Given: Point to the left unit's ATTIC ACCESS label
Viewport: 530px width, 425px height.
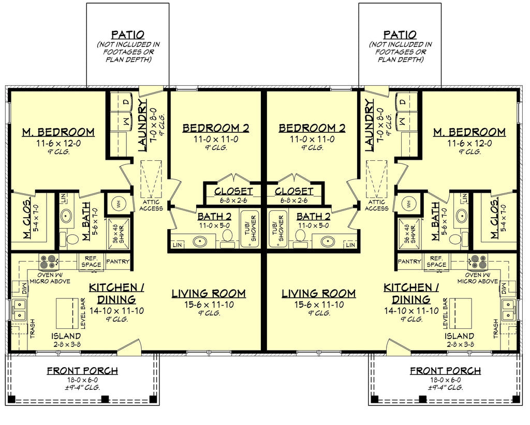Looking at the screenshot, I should click(x=151, y=205).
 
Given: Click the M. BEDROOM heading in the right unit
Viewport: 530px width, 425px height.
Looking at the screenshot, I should click(x=469, y=132).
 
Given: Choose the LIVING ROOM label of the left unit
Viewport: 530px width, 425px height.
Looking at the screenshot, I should click(x=209, y=294).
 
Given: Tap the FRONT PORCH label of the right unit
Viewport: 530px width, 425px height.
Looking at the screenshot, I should click(x=445, y=371).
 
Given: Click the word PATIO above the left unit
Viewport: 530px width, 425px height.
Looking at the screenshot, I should click(x=127, y=35).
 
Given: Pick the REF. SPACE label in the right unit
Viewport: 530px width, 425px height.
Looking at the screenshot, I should click(x=436, y=261).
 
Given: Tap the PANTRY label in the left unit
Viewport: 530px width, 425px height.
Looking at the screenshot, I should click(x=117, y=262).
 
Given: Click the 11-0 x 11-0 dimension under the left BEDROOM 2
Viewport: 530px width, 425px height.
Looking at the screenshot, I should click(x=215, y=139).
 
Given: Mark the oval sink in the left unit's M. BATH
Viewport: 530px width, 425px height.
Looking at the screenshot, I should click(x=66, y=216).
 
